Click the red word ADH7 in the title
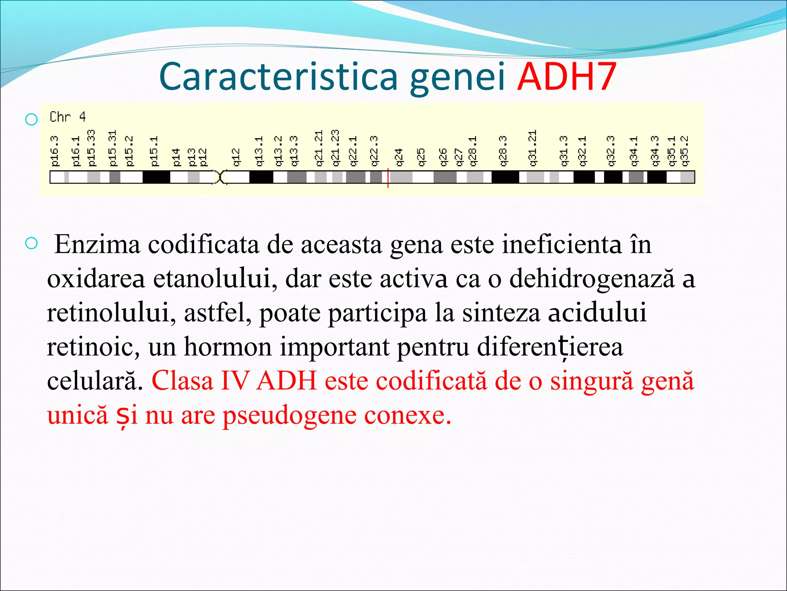pos(567,77)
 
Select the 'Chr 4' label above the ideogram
pos(68,117)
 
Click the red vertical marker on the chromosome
pos(388,178)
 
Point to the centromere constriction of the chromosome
pos(220,177)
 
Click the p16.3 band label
pos(55,151)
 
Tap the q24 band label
pos(399,157)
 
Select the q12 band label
pos(236,157)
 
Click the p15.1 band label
pos(154,151)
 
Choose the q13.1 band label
pos(259,151)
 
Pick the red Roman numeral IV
pos(234,381)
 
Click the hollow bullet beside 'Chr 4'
pos(31,119)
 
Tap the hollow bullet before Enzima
pos(31,243)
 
